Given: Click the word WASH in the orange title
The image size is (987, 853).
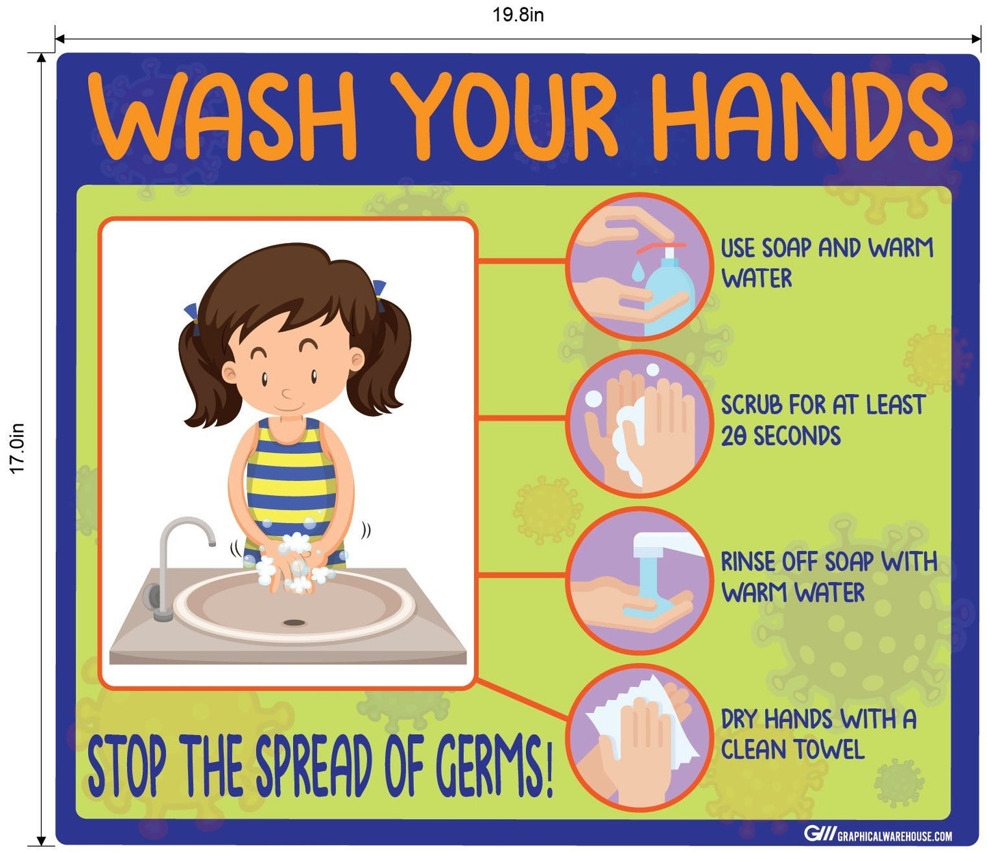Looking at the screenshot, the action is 222,117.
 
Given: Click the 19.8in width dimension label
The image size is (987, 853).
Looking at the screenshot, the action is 518,15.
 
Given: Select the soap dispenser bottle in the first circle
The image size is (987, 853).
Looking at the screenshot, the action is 669,291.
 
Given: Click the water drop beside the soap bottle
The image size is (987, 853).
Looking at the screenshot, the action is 637,272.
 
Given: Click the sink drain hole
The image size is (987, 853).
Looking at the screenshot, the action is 294,622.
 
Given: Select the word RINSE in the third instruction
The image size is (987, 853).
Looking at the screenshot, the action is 747,562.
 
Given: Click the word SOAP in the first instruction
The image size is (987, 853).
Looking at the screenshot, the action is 786,248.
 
